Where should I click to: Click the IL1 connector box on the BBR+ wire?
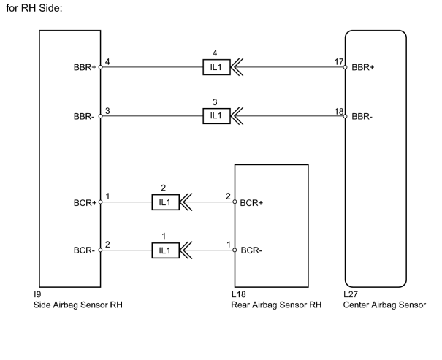216,67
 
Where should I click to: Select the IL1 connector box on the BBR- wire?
216,116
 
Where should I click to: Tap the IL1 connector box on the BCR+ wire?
165,202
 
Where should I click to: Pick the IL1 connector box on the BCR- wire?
165,250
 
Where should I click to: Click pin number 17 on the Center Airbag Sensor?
339,61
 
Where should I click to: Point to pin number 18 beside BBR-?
339,112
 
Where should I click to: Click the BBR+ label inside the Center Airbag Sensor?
363,67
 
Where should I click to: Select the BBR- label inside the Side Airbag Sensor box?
84,116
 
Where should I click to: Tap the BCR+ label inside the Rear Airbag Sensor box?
251,203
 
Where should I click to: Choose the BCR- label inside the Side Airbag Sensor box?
84,250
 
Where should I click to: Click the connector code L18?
238,294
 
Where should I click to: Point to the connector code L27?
351,294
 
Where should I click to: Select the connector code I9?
37,294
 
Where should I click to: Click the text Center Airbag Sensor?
384,305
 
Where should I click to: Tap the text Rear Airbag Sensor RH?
276,305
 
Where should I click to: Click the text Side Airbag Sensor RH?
78,305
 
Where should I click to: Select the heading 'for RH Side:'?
34,8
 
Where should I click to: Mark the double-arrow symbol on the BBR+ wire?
237,67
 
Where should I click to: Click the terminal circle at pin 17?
345,67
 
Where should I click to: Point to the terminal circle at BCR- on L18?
235,250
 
